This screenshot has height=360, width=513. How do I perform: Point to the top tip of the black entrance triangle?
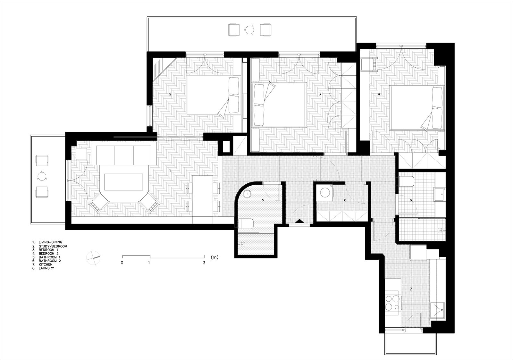coord(299,219)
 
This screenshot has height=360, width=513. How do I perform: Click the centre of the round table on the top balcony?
coord(249,30)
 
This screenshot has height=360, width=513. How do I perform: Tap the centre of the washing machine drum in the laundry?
coord(325,193)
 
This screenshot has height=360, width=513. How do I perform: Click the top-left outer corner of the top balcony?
coord(147,17)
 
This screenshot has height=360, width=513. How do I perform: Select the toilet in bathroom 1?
coord(246,223)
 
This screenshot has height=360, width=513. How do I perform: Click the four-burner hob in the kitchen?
coord(392,303)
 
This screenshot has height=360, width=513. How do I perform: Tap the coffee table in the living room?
coord(124,182)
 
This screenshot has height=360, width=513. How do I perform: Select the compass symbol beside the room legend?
coord(93,258)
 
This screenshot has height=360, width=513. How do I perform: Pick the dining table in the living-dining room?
coord(203,196)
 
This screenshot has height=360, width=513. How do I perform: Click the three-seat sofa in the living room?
coord(124,153)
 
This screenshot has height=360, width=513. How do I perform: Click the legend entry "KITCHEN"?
coord(46,264)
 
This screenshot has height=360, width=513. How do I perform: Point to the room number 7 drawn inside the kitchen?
coord(411,289)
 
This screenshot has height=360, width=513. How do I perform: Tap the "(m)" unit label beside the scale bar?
coord(214,257)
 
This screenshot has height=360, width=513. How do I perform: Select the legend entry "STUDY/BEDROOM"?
coord(53,246)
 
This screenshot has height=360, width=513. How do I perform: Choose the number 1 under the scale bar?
coord(149,263)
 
